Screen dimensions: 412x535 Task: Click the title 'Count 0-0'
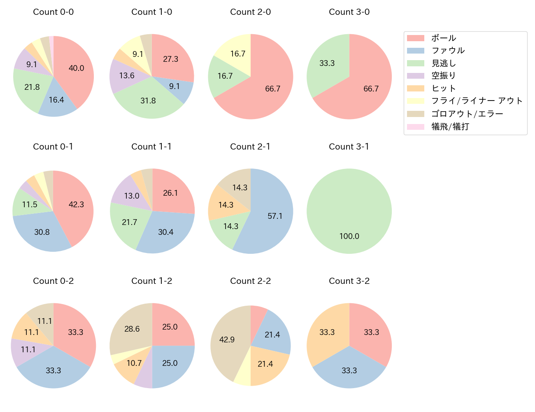53,12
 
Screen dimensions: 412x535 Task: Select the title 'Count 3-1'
349,147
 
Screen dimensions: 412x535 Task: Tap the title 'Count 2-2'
250,281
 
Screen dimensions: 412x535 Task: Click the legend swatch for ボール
415,38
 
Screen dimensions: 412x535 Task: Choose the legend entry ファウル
448,51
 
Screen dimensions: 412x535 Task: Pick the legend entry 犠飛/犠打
450,127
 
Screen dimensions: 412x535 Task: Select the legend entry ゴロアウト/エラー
467,114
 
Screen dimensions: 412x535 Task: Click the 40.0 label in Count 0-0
77,68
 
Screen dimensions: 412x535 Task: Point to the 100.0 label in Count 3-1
349,236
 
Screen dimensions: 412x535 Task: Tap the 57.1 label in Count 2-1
275,216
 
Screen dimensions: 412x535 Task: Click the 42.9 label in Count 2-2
227,340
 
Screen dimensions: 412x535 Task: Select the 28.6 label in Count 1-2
132,329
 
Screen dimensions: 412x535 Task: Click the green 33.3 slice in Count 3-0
327,63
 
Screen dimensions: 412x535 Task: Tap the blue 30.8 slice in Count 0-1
42,232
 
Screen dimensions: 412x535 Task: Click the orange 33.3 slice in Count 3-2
327,332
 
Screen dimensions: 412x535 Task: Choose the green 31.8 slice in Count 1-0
148,101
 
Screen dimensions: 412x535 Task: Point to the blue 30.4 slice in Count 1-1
166,232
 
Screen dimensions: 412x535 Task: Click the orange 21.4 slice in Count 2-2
265,364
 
